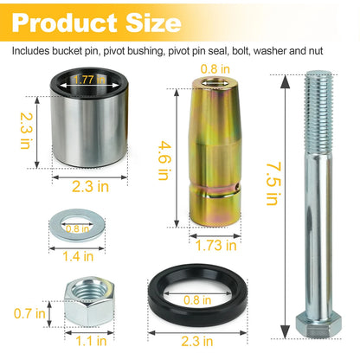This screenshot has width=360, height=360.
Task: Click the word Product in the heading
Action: coord(65,22)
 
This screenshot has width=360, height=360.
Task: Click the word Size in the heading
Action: coord(153,22)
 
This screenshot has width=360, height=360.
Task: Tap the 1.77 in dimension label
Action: coord(89,80)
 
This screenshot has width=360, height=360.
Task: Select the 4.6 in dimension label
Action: coord(164,160)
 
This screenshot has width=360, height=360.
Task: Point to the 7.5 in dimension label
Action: coord(273,183)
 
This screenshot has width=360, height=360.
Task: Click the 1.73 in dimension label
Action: coord(216,246)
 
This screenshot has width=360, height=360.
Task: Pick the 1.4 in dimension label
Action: coord(78,256)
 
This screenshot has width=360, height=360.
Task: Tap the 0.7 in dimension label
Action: coord(29,313)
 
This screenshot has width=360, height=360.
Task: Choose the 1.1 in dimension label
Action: coord(91,341)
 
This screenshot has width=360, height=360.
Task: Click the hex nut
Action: coord(89,301)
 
